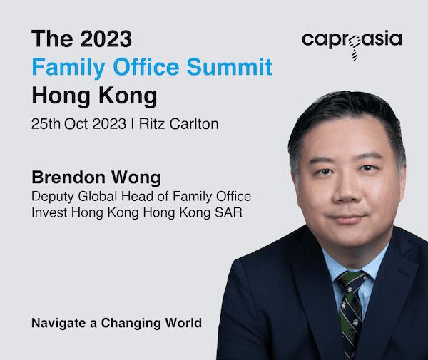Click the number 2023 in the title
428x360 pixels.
(x=106, y=38)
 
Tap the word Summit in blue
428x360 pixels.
(x=230, y=67)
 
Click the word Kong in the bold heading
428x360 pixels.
(x=128, y=96)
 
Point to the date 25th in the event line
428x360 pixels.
(x=46, y=124)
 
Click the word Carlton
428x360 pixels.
(x=194, y=124)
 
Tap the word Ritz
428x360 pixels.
(x=152, y=124)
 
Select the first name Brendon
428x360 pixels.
(x=68, y=178)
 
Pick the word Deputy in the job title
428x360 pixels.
(x=52, y=197)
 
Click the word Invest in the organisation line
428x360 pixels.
(x=49, y=212)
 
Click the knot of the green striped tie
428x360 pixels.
(x=352, y=282)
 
